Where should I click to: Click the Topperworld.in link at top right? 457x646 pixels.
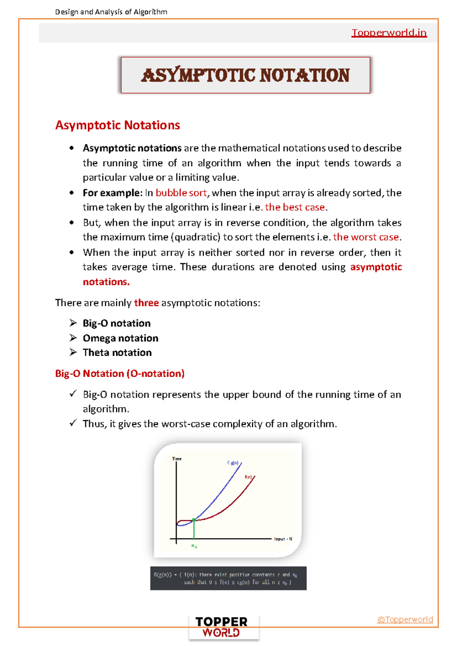[389, 33]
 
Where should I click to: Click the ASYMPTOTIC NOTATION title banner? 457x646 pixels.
[245, 75]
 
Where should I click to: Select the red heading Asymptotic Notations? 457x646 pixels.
[117, 125]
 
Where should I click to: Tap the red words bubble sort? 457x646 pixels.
[181, 193]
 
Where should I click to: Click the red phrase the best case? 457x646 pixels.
[295, 207]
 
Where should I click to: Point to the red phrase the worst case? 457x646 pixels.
[366, 237]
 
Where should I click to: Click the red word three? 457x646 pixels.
[146, 303]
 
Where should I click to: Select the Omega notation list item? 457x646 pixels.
[120, 338]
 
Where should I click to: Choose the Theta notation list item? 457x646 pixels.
[117, 353]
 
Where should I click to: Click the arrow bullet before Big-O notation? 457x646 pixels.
[73, 323]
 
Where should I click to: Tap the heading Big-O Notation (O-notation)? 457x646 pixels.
[120, 374]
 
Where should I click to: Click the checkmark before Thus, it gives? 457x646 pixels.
[73, 423]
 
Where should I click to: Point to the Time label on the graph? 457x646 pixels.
[177, 459]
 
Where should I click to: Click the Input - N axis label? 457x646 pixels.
[283, 539]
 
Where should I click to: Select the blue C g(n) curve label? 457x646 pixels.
[233, 463]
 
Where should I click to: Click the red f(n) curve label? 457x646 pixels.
[248, 477]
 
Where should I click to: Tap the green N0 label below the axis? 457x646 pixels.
[194, 546]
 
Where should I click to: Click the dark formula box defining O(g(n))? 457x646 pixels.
[228, 578]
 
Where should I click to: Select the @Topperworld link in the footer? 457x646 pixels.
[405, 620]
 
